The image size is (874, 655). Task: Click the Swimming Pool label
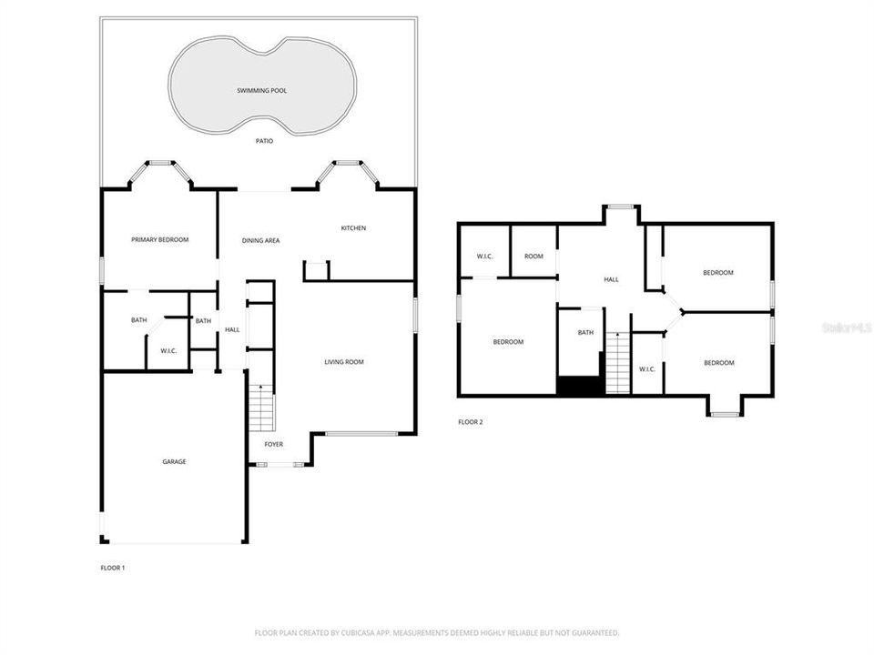[x=261, y=91]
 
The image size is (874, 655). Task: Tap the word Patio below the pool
[x=263, y=141]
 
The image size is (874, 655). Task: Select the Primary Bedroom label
[x=159, y=239]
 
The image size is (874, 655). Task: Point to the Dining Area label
[x=260, y=240]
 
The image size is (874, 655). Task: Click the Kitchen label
[x=353, y=227]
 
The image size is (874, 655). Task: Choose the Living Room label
[x=344, y=362]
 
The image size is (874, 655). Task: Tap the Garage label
[x=174, y=461]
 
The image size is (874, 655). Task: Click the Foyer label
[x=273, y=444]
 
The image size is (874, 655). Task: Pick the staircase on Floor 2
[x=618, y=363]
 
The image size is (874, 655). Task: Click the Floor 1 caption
[x=112, y=568]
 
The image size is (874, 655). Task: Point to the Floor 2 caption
[x=470, y=421]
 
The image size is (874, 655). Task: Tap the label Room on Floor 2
[x=534, y=257]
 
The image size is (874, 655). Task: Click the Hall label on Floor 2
[x=611, y=279]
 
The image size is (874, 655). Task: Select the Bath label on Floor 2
[x=585, y=332]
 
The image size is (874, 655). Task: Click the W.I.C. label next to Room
[x=484, y=257]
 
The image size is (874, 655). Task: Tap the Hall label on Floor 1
[x=232, y=329]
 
